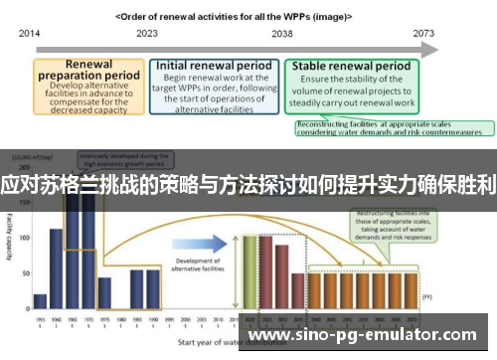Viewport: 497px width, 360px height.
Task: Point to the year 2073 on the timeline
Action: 425,33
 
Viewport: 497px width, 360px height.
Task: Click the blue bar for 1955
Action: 40,300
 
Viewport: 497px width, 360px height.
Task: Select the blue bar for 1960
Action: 57,269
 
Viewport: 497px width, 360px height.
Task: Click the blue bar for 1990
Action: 152,288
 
